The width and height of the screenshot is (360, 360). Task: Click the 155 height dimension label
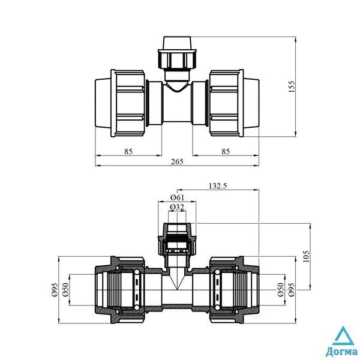(x=291, y=86)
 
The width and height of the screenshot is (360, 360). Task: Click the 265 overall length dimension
(x=177, y=161)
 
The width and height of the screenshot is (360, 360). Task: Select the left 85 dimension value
(x=128, y=152)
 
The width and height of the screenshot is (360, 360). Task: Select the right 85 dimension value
(x=226, y=152)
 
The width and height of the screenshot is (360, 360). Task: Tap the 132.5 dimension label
(x=217, y=186)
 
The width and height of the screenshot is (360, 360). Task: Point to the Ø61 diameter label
(x=177, y=197)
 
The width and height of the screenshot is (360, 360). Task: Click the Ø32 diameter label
(x=177, y=208)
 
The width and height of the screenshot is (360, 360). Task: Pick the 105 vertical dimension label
(x=306, y=257)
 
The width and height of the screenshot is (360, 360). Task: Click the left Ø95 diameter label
(x=55, y=290)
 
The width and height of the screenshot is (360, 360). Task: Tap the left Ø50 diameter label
(x=65, y=290)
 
